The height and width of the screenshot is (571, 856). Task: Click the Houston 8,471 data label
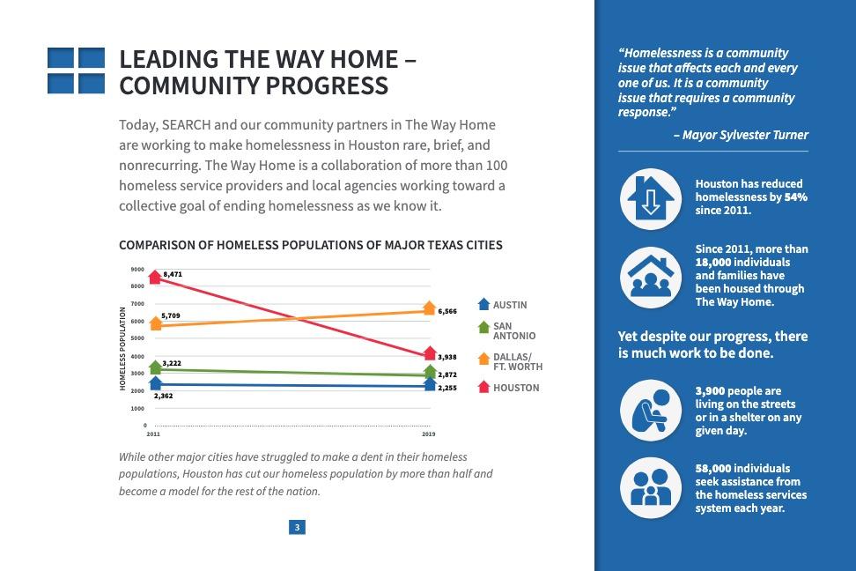(172, 275)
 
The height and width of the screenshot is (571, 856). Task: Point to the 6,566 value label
(447, 311)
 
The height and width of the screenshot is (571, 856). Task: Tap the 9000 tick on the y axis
(137, 269)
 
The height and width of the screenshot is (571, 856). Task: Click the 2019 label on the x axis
(428, 434)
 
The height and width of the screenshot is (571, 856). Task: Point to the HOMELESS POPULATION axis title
(122, 348)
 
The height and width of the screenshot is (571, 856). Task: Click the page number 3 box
(298, 528)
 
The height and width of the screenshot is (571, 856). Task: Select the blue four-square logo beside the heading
(76, 70)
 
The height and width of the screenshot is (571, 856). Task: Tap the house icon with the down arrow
(651, 198)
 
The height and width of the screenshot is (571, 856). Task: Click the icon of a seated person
(651, 410)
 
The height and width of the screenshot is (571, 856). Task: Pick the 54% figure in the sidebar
(796, 197)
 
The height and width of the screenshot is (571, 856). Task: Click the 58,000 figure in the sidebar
(712, 469)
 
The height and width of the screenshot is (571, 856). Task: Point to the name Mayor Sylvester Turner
(746, 135)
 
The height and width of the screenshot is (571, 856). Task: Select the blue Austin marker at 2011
(156, 382)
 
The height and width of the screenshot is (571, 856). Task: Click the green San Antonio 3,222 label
(172, 363)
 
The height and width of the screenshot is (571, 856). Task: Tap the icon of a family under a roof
(651, 275)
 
